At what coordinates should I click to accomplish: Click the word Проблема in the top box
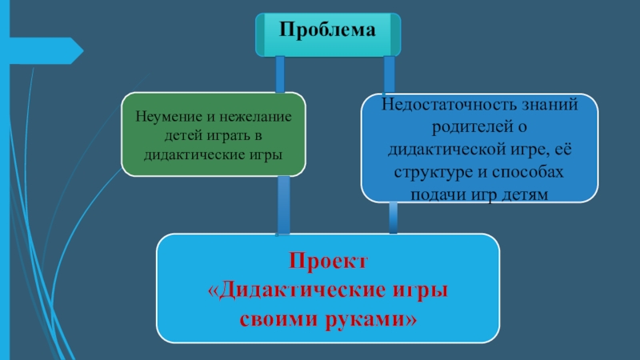[x=326, y=30]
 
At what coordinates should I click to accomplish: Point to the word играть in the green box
[x=240, y=134]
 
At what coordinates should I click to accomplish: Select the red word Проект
[x=327, y=262]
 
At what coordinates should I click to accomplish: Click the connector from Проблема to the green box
[x=279, y=74]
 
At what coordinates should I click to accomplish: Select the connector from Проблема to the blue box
[x=390, y=75]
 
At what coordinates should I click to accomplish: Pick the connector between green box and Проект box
[x=283, y=205]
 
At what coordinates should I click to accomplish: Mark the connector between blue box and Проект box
[x=394, y=217]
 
